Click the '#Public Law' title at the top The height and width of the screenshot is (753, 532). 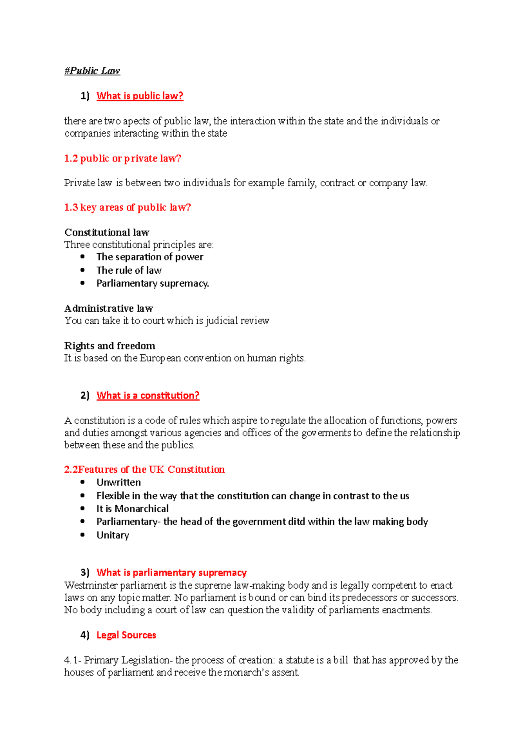(92, 71)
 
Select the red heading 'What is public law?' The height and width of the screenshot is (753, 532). (140, 96)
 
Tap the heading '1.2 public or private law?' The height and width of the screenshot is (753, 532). (123, 158)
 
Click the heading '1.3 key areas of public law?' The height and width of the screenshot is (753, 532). (128, 207)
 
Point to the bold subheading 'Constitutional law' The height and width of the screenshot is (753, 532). (107, 232)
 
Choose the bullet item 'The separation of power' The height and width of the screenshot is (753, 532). (150, 257)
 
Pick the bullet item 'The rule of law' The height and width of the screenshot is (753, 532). (129, 270)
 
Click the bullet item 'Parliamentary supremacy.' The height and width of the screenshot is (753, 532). (153, 283)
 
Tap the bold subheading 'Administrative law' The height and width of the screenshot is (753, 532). (109, 308)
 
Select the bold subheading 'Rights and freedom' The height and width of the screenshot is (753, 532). (110, 345)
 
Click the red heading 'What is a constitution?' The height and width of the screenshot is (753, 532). (148, 395)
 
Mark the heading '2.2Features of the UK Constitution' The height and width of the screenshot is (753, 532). (145, 469)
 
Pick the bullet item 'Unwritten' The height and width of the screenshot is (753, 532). (119, 482)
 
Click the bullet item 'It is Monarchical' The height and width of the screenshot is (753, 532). (133, 509)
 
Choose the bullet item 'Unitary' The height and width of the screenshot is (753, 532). (113, 535)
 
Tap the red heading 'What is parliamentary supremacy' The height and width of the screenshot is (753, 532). (172, 573)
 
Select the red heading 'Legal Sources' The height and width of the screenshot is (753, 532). (126, 635)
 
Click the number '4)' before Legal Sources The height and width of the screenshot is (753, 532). (85, 635)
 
